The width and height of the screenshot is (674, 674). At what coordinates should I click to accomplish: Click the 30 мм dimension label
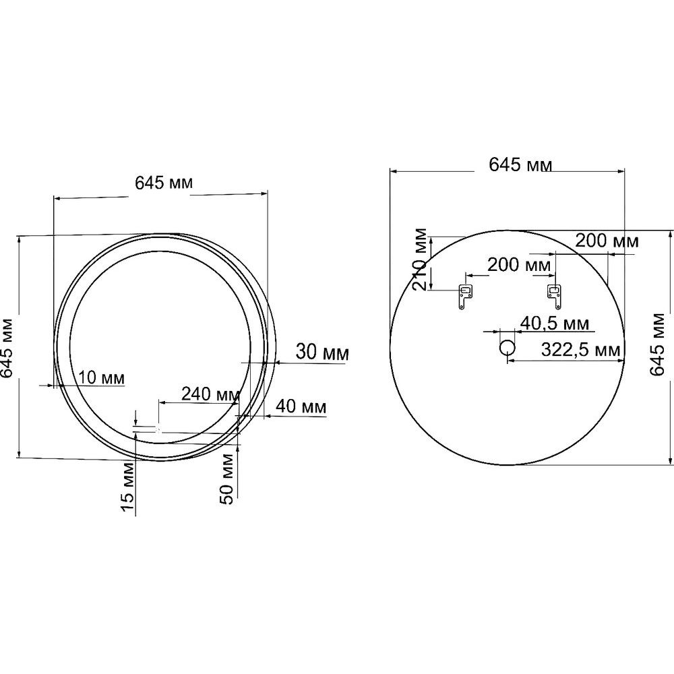(x=322, y=353)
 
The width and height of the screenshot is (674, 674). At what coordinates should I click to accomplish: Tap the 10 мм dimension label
(x=102, y=378)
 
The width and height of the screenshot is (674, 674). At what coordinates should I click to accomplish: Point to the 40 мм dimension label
(x=301, y=406)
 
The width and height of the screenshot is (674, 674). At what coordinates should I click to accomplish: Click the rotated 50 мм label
(x=226, y=479)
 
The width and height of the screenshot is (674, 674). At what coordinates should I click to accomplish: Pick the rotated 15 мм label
(x=127, y=487)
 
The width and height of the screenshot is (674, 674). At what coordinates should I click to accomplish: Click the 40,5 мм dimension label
(x=555, y=324)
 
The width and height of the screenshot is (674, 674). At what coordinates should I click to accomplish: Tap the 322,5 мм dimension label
(x=581, y=350)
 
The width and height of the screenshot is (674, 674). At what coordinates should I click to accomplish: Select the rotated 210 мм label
(x=420, y=259)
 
